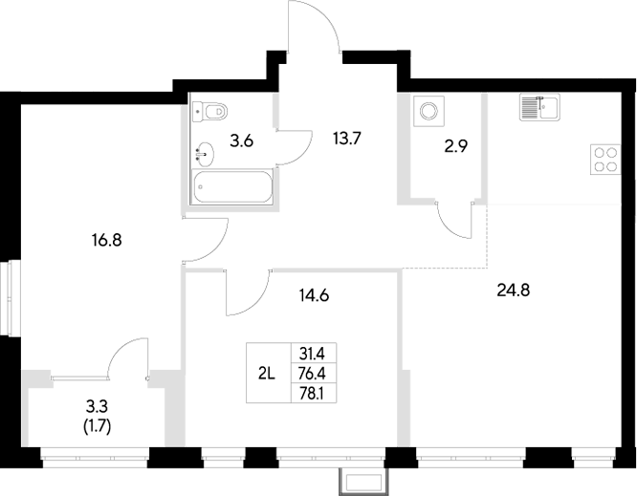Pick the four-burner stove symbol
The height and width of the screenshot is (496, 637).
pos(605,158)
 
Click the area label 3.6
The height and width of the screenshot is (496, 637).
pos(242,141)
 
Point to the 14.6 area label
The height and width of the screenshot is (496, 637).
pos(315,295)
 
